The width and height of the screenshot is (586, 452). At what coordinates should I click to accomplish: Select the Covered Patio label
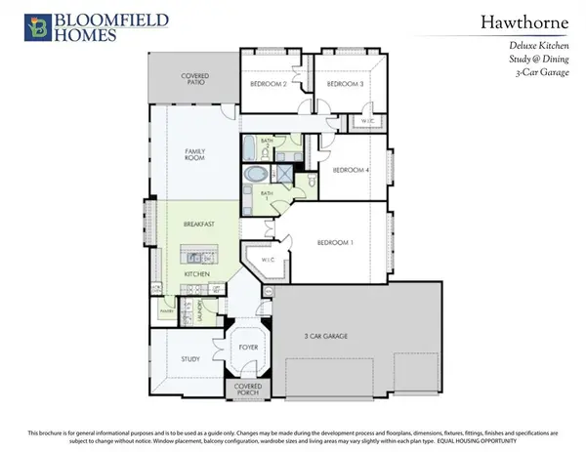(195, 80)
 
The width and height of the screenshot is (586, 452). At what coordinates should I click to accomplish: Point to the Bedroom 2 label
(268, 85)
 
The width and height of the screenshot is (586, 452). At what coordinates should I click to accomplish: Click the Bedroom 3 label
(345, 85)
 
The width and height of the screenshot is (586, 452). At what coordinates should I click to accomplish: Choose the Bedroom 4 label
(352, 170)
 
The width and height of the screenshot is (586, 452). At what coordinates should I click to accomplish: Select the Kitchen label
(198, 275)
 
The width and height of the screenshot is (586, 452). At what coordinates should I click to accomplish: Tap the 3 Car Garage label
(326, 337)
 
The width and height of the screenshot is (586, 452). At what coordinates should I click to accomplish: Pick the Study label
(190, 359)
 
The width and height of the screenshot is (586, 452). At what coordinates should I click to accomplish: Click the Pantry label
(166, 312)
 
